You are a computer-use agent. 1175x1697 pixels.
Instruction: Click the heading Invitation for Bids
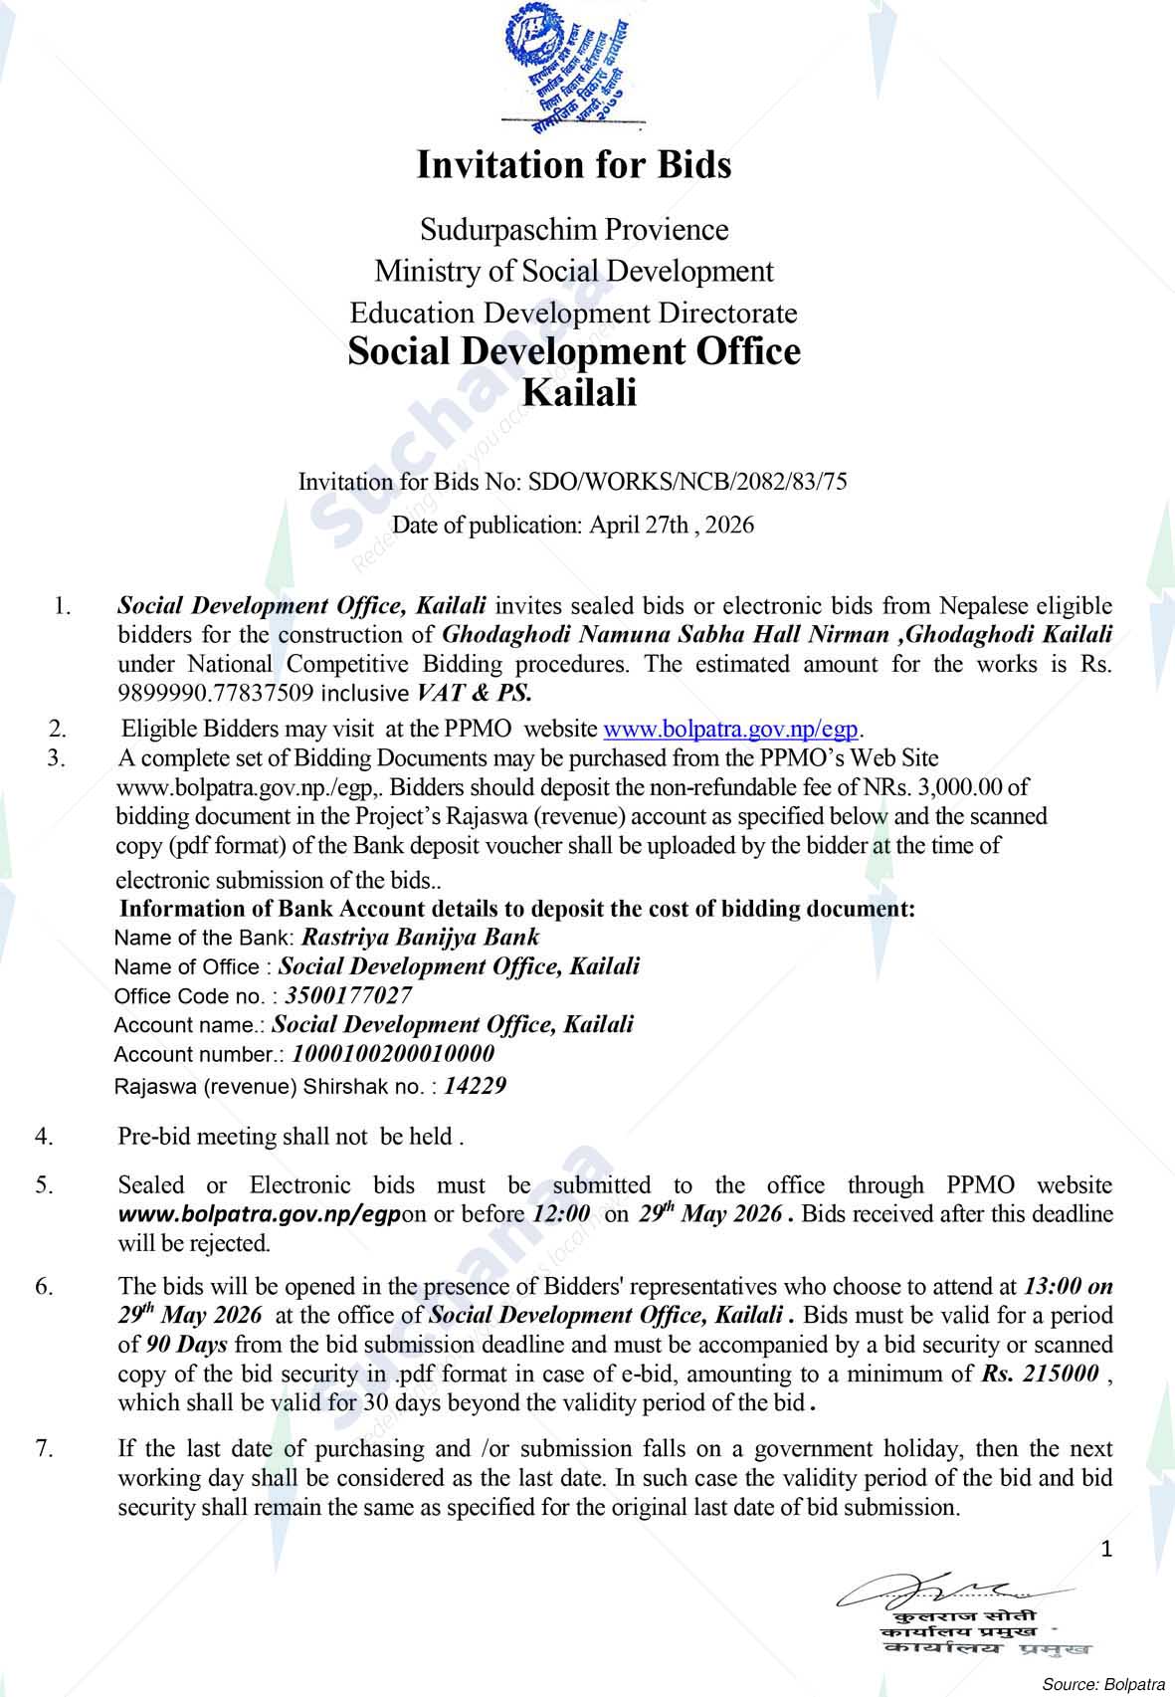(x=574, y=165)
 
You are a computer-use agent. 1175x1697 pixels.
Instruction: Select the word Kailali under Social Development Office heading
(x=579, y=393)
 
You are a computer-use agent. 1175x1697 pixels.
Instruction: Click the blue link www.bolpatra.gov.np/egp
(x=731, y=729)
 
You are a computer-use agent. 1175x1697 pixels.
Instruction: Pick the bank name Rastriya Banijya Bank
(x=420, y=937)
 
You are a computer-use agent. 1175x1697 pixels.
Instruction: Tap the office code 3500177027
(x=348, y=995)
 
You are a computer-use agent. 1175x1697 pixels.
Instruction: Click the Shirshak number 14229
(x=475, y=1086)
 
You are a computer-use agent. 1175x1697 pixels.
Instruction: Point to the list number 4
(x=45, y=1136)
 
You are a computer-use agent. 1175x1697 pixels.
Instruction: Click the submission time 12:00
(x=562, y=1214)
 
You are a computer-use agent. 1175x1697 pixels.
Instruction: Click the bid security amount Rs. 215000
(x=1040, y=1375)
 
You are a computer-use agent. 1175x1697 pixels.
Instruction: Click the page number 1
(x=1107, y=1549)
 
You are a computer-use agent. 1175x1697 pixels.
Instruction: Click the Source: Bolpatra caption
(x=1102, y=1684)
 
